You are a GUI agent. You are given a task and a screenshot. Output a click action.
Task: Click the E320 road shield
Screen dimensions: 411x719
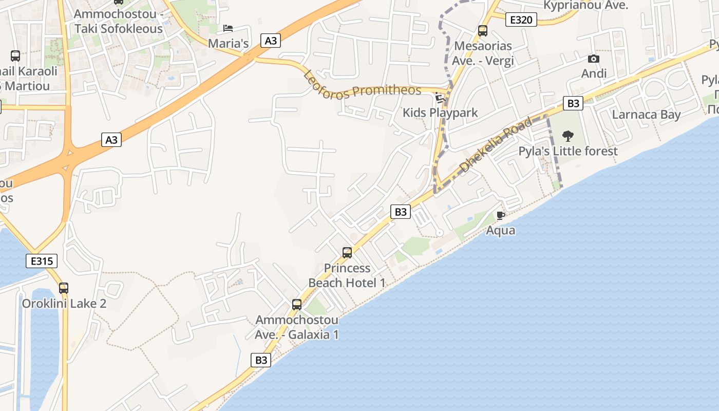coord(521,20)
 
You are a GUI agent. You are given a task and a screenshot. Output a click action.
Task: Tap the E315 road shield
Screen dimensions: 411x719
coord(42,261)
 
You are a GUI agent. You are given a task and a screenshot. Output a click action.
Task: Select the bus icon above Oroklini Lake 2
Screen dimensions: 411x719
coord(64,288)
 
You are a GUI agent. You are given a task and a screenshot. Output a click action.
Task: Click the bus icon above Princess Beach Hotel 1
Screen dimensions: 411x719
coord(347,253)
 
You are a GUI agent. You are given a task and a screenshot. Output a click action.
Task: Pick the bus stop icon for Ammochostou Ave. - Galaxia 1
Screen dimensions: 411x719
coord(297,305)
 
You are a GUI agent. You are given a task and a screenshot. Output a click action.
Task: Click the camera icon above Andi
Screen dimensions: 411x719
coord(594,59)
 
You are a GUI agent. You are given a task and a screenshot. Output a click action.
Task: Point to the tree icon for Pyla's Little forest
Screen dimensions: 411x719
coord(567,136)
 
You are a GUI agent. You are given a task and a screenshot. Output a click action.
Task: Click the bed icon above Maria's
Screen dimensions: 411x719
coord(228,28)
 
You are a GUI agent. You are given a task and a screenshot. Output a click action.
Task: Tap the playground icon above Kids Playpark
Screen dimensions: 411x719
coord(440,98)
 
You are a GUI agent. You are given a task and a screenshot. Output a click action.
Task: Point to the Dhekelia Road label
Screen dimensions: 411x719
coord(496,145)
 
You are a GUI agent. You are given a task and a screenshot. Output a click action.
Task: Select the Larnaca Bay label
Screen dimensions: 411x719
coord(646,115)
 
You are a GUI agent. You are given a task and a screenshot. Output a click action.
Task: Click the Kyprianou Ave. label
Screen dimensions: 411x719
coord(585,6)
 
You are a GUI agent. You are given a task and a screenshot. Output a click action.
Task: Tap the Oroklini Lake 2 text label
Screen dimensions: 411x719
coord(64,304)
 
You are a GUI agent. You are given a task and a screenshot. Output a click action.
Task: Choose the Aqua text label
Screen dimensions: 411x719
coord(501,230)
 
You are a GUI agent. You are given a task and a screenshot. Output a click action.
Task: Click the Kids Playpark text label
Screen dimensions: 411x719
coord(440,113)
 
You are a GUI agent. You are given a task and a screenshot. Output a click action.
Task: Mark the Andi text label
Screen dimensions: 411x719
coord(594,73)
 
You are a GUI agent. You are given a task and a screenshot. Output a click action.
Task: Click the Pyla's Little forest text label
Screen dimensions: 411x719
coord(568,151)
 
